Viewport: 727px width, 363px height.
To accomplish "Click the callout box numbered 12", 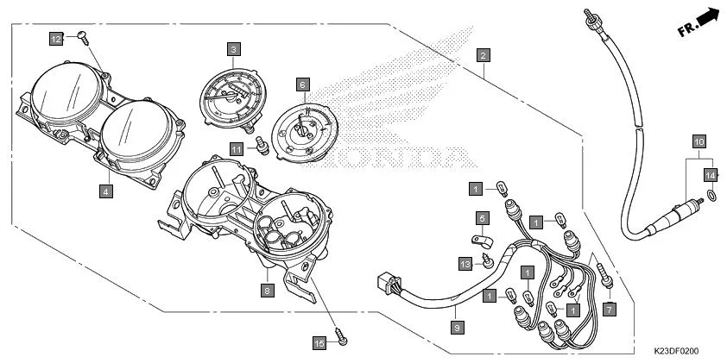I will coord(55,39).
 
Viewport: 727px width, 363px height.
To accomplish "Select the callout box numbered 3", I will coord(234,50).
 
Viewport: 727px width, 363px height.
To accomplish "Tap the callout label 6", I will coord(302,84).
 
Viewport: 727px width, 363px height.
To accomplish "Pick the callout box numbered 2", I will coord(484,55).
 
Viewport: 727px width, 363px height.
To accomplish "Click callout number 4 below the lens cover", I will coord(104,191).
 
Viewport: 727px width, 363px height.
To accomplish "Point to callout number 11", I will coord(236,148).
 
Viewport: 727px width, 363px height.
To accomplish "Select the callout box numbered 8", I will coord(267,291).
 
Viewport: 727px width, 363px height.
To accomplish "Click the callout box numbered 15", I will coord(319,343).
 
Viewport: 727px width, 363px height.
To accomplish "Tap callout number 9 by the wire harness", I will coord(457,327).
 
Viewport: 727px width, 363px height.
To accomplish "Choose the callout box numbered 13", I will coord(465,264).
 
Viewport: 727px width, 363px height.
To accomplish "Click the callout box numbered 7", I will coord(610,308).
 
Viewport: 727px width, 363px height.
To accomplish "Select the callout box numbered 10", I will coord(699,140).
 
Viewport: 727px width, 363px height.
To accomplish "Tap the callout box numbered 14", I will coord(711,175).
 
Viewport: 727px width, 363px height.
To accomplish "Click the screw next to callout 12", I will coord(82,35).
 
